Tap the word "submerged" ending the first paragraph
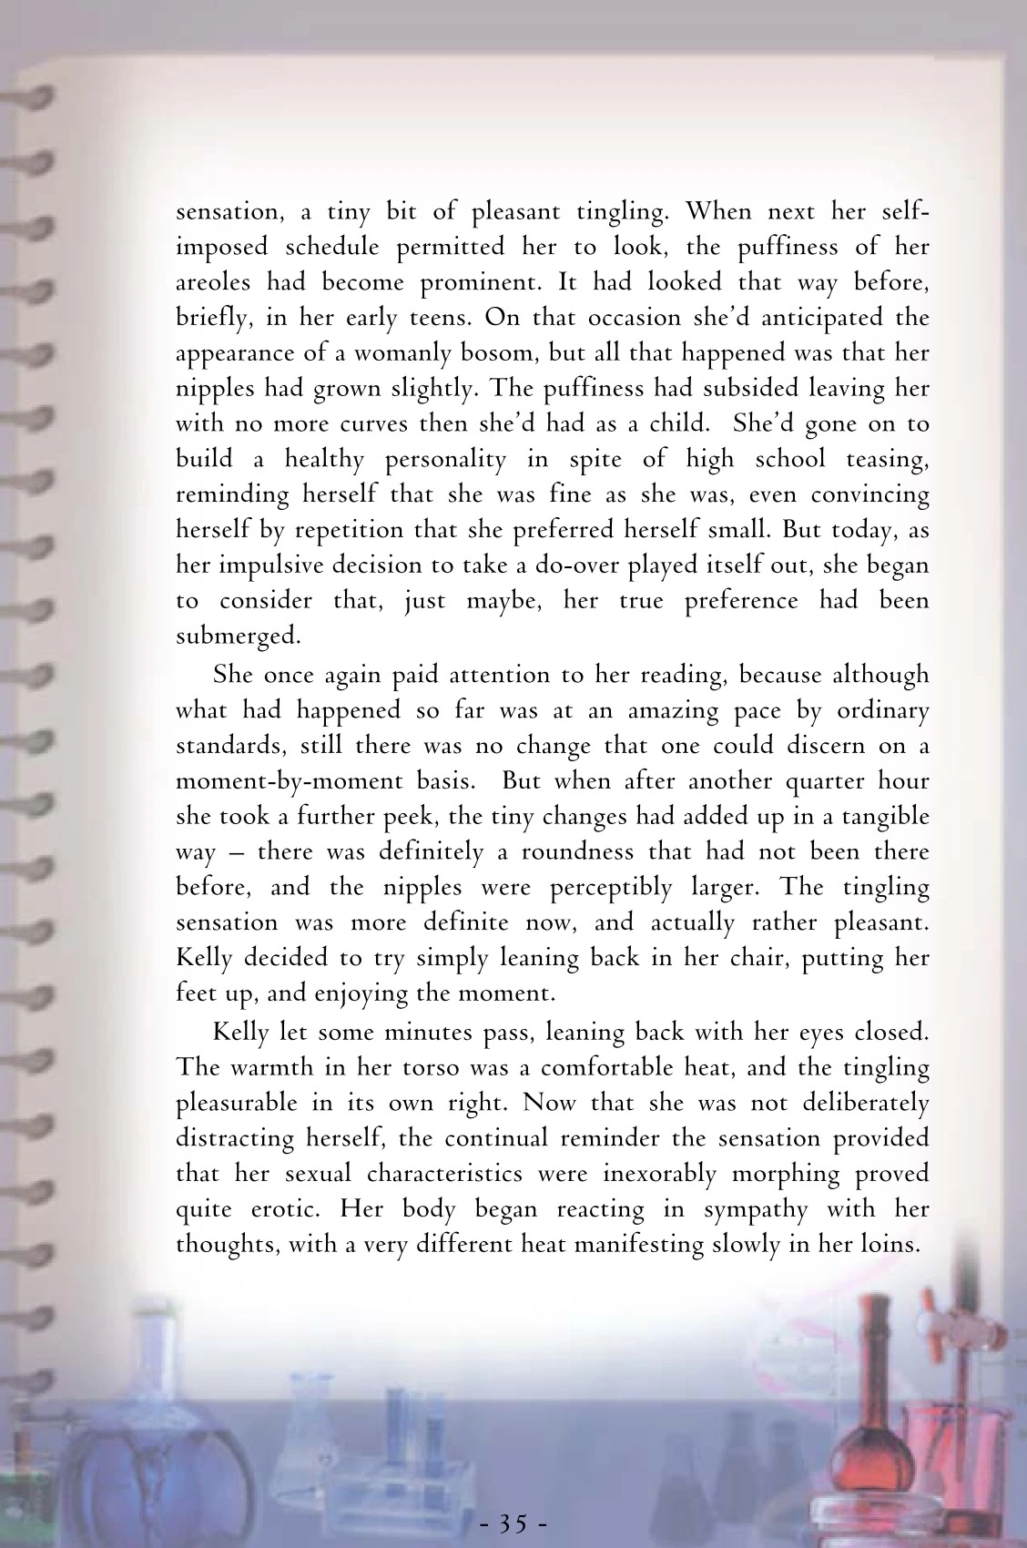coord(236,636)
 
